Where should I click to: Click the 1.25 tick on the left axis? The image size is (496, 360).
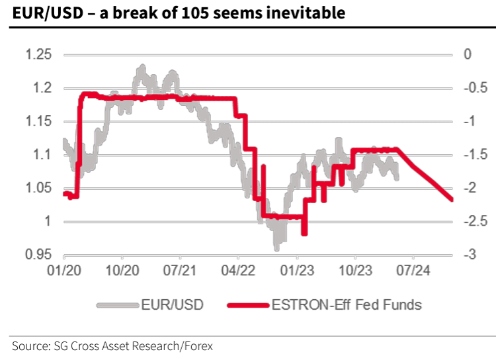coord(38,54)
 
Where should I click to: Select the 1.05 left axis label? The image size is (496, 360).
coord(38,188)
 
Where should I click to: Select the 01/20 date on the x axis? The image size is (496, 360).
coord(64,271)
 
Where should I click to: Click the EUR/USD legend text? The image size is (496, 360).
coord(172,305)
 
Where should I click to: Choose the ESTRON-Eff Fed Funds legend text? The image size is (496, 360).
coord(346,305)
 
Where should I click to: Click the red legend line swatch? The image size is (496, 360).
coord(248,305)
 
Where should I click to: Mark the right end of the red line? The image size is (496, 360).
coord(452,199)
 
